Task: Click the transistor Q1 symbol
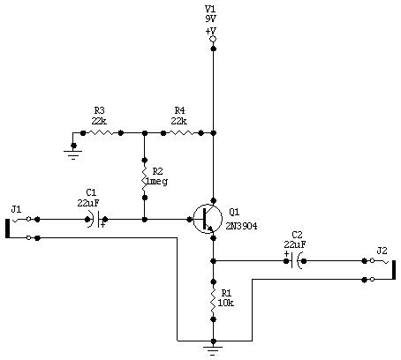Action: [208, 219]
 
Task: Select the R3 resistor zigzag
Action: [102, 133]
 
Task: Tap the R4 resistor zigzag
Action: [182, 133]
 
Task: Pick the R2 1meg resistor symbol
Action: [144, 179]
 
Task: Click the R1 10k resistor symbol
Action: [214, 300]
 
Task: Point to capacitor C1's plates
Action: [95, 220]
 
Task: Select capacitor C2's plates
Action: [295, 261]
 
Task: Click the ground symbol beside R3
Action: [73, 154]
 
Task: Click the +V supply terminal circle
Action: [213, 39]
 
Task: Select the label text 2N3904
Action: [241, 226]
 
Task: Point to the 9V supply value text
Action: [211, 19]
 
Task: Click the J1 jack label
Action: [16, 209]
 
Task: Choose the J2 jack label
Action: [382, 251]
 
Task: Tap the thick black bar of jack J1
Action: [8, 229]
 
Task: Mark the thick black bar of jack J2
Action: [393, 270]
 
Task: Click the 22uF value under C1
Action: [88, 203]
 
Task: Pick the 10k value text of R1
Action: [225, 303]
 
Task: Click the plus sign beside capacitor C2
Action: [286, 254]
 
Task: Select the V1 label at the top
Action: [211, 9]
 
